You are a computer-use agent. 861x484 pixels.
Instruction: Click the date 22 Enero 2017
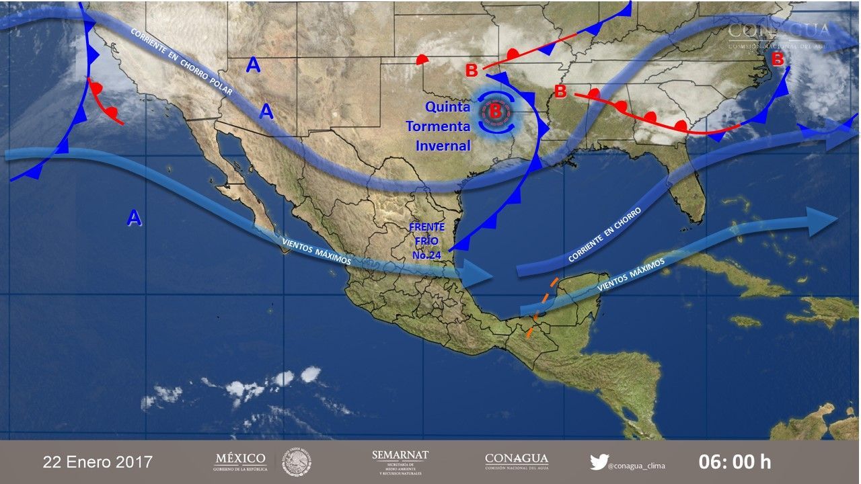tap(98, 462)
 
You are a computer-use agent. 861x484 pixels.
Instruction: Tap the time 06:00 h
tap(735, 462)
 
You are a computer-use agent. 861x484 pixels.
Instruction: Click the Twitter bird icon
tap(599, 462)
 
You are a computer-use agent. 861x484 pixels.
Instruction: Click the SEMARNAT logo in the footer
tap(400, 462)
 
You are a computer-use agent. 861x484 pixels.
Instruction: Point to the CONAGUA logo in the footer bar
tap(516, 461)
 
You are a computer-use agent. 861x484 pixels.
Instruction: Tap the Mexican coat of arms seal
tap(296, 462)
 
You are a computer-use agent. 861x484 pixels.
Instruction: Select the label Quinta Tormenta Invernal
tap(439, 126)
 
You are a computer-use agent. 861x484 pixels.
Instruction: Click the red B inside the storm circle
tap(495, 112)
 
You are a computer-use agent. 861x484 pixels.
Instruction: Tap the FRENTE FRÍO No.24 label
tap(426, 241)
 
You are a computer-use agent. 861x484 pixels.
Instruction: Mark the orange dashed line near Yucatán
tap(545, 306)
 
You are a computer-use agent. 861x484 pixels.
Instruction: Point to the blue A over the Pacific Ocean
tap(135, 218)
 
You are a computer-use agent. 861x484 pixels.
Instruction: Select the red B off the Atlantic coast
tap(777, 59)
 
